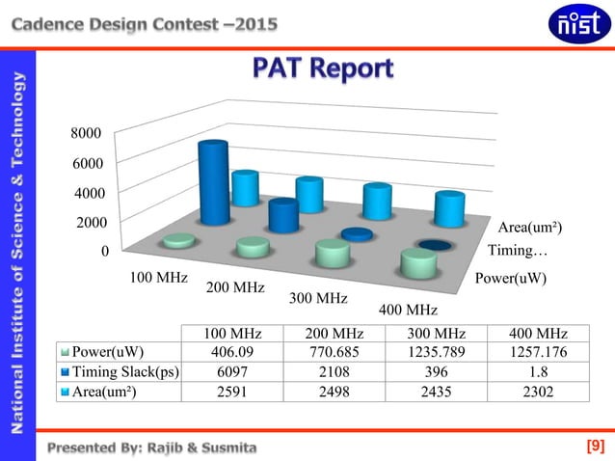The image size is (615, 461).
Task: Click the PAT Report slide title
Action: click(323, 69)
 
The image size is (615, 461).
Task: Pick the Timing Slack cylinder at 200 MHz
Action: click(283, 215)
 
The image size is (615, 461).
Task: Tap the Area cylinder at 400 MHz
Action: click(450, 209)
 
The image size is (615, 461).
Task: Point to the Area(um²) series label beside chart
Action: click(529, 228)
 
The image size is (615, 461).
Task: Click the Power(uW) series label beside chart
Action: click(512, 278)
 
